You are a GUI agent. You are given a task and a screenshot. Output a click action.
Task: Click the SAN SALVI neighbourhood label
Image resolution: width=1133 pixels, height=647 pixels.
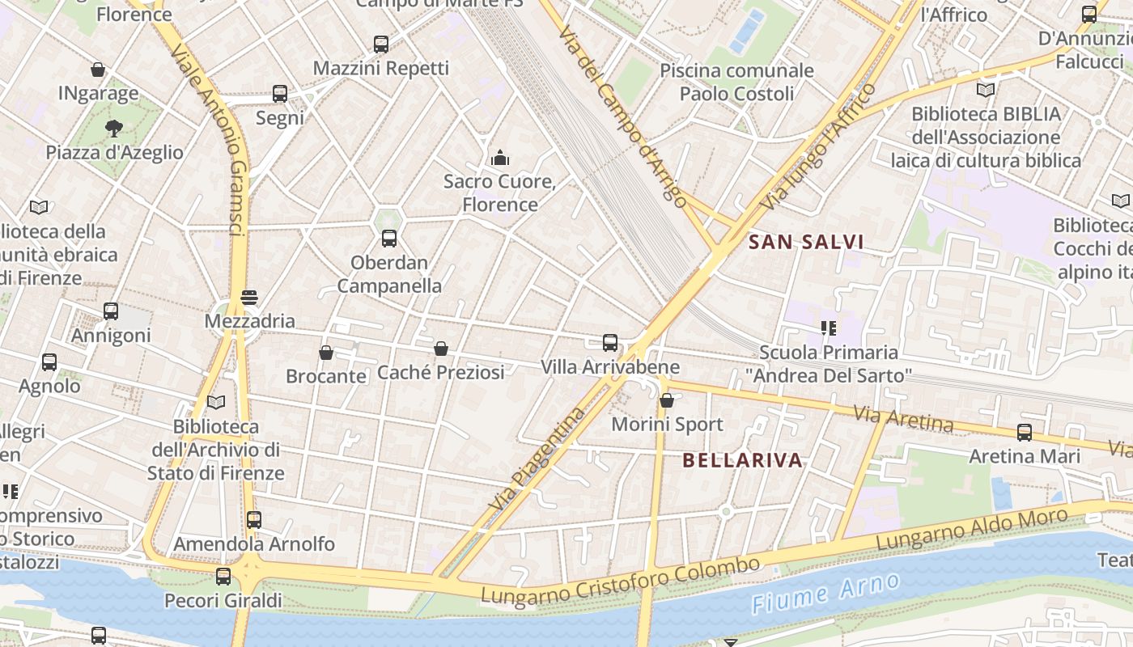point(806,242)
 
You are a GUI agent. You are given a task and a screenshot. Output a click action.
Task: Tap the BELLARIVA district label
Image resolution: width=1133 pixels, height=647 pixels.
point(742,461)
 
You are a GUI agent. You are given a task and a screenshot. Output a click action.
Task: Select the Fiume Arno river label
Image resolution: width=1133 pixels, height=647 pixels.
point(825,594)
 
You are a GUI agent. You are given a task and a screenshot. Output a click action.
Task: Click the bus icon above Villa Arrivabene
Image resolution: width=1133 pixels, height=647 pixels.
point(610,343)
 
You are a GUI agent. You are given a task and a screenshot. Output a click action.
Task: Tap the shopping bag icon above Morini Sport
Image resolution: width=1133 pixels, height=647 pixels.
point(667,400)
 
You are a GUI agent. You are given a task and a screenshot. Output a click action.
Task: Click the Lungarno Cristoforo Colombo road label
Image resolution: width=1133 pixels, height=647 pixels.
point(621,581)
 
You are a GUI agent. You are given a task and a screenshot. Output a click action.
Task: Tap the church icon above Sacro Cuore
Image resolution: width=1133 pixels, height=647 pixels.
point(500,157)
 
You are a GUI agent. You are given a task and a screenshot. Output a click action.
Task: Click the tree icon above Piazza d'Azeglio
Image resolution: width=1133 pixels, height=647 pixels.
point(114,128)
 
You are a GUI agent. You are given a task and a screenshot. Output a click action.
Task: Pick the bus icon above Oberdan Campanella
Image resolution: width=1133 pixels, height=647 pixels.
point(389,239)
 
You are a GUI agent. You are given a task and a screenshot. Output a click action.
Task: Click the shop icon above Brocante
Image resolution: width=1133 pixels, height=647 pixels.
point(326,353)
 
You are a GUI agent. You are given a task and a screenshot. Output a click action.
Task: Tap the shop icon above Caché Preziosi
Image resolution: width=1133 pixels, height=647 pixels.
point(441,349)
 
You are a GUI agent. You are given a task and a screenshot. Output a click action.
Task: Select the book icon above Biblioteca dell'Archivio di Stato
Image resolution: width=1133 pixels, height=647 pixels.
point(215,402)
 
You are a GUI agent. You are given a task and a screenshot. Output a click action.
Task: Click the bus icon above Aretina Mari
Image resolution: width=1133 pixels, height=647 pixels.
point(1025,433)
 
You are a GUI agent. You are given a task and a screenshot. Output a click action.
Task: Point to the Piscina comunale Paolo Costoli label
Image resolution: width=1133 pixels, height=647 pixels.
point(736,82)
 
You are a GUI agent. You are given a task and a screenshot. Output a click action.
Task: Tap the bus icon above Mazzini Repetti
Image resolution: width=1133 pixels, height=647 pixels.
point(381,44)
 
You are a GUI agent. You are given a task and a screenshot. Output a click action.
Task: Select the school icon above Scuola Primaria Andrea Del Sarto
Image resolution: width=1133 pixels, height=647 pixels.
point(828,328)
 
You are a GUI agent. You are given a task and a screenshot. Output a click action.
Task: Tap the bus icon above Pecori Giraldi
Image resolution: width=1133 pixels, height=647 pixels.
point(223,577)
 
